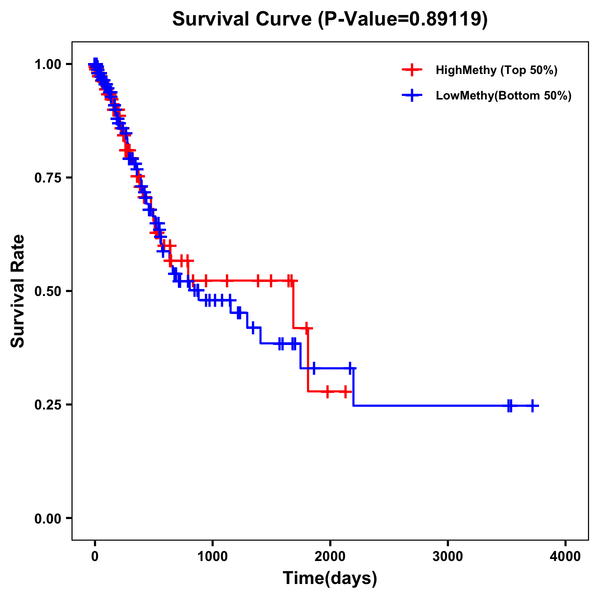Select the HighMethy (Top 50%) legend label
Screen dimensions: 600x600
496,70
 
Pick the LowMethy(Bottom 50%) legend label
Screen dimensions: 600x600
503,95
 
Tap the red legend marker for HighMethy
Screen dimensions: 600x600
412,70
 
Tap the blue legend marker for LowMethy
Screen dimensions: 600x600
412,95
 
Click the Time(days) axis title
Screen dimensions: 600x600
330,578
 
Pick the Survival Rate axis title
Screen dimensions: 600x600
18,291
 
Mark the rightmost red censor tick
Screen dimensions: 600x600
345,391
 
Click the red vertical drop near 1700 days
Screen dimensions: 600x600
293,305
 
